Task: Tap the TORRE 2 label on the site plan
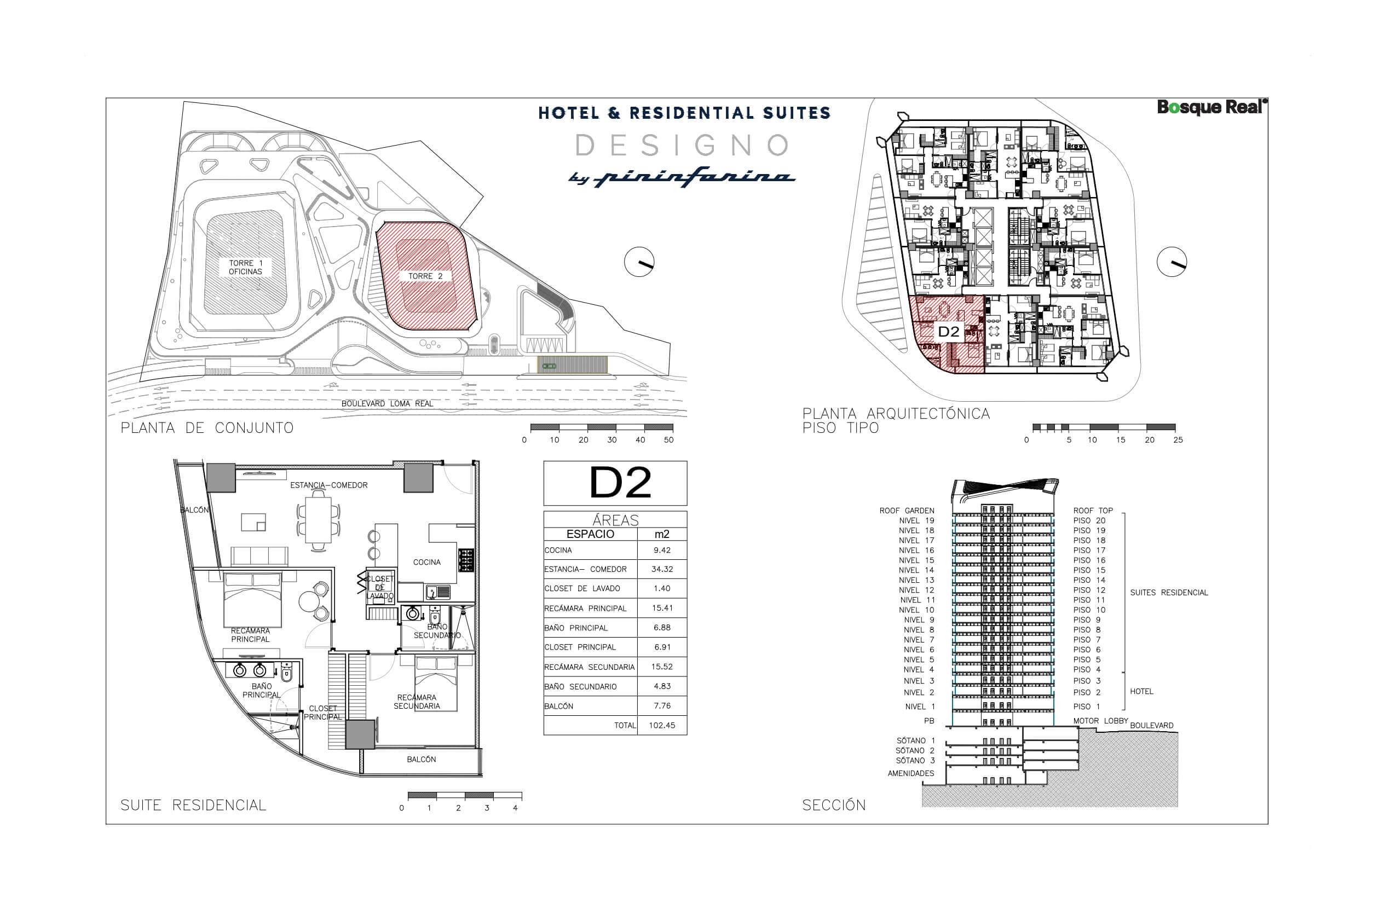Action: point(425,276)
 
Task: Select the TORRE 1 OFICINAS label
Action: point(246,268)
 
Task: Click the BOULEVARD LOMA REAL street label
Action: point(387,404)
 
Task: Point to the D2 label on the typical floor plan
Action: point(948,332)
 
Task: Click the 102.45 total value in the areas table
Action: point(662,725)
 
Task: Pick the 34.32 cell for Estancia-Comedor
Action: point(662,569)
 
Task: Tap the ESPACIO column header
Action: point(590,534)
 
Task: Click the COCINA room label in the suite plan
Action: point(426,563)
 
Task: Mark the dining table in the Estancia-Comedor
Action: point(319,519)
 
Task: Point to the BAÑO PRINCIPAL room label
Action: point(262,691)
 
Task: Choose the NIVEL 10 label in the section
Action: point(917,610)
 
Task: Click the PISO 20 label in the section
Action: point(1089,520)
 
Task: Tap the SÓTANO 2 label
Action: point(915,750)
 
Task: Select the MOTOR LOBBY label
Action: point(1100,721)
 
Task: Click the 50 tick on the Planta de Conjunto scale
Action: point(668,440)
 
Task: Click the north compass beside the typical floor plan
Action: point(1172,262)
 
